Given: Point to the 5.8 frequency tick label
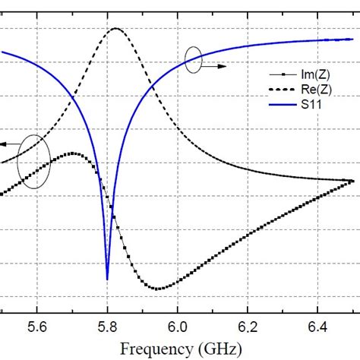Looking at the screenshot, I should [107, 327].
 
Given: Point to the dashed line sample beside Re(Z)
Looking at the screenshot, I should [283, 90].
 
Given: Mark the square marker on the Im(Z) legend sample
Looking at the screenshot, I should [283, 74].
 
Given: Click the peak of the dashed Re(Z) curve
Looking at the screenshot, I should [115, 29].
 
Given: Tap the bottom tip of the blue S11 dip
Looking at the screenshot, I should [107, 279].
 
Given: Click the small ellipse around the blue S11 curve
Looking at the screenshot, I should [194, 60].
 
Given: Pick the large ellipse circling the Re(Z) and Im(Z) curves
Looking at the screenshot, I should [35, 160].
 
